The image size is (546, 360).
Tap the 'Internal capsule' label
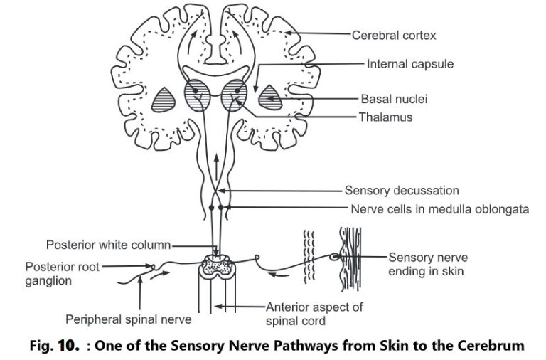[x=410, y=64]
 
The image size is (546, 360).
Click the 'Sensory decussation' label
[x=402, y=191]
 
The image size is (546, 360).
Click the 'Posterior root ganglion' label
[x=63, y=274]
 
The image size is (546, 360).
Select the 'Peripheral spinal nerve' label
[x=121, y=318]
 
